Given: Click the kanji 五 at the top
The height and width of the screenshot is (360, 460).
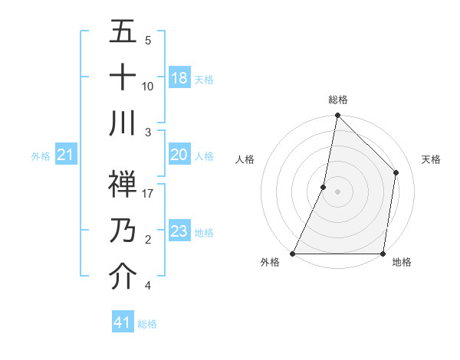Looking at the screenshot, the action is [123, 32].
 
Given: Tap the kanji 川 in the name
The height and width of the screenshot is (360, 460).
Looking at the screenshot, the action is [123, 123].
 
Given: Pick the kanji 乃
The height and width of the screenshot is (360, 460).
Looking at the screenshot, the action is [123, 230].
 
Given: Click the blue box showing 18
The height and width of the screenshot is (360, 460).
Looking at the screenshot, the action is [179, 78].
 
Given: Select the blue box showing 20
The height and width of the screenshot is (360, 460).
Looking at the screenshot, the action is [179, 155].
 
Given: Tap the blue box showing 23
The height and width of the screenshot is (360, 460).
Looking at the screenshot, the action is [179, 231].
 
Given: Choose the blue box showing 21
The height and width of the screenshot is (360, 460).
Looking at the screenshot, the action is [66, 155].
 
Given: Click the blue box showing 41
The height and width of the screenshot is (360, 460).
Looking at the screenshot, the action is [123, 322].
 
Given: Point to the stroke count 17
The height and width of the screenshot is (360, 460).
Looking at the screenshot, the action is [148, 194].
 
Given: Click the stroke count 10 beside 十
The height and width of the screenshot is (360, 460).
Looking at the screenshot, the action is [148, 87].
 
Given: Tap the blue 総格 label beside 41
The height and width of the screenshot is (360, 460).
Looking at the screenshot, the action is [147, 324].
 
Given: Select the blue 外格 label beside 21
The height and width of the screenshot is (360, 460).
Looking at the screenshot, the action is [41, 156].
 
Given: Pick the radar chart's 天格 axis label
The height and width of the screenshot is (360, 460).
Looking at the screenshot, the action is [431, 159].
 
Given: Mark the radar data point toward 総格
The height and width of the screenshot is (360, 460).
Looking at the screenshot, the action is [337, 116].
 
